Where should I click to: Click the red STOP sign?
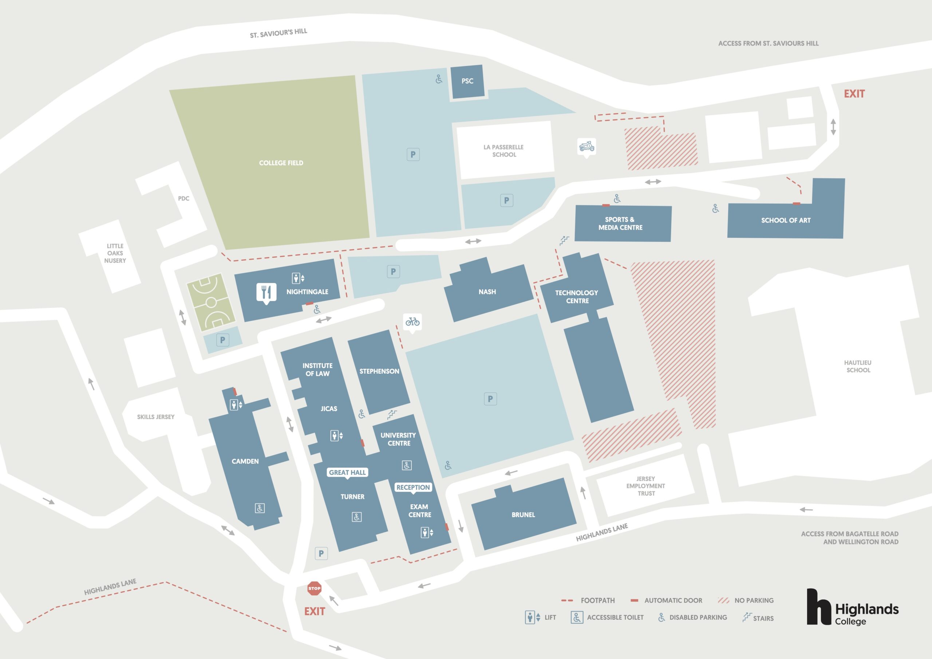tap(314, 588)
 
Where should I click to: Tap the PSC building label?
tap(467, 81)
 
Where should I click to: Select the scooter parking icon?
tap(587, 147)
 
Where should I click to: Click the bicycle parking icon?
tap(412, 322)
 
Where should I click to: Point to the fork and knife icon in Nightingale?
tap(266, 292)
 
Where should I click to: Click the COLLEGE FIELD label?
tap(281, 163)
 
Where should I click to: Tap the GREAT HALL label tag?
tap(347, 473)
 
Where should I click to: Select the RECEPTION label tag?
tap(413, 487)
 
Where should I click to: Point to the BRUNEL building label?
tap(523, 514)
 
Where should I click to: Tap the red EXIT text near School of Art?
tap(854, 94)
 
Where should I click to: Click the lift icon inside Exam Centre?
tap(427, 532)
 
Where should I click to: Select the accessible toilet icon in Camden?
tap(260, 508)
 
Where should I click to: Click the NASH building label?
tap(487, 292)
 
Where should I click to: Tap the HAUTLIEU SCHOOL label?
tap(858, 366)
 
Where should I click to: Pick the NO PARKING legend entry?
tap(745, 600)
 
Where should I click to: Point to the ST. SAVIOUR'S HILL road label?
tap(279, 33)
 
